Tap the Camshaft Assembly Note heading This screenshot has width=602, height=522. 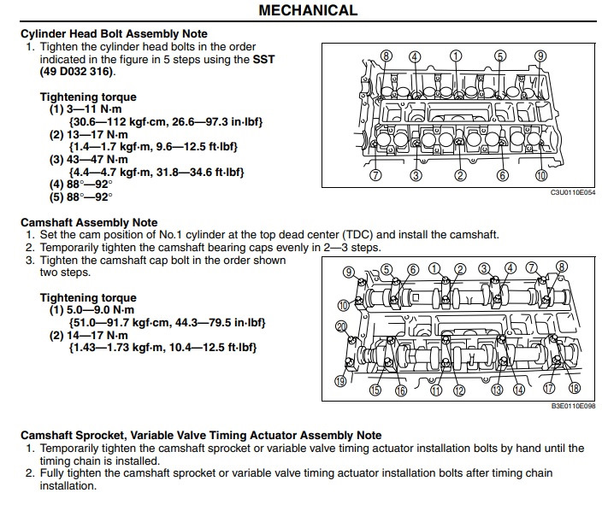pyautogui.click(x=89, y=223)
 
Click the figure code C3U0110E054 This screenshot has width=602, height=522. pyautogui.click(x=573, y=192)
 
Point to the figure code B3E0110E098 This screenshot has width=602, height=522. pyautogui.click(x=573, y=407)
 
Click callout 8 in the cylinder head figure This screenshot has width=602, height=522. pyautogui.click(x=387, y=56)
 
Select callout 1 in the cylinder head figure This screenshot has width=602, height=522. pyautogui.click(x=456, y=56)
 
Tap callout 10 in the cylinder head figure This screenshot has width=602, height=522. pyautogui.click(x=540, y=176)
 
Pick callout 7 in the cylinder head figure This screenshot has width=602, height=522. pyautogui.click(x=375, y=176)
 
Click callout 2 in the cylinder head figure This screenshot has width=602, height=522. pyautogui.click(x=460, y=176)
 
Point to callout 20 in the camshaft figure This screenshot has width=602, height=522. pyautogui.click(x=341, y=326)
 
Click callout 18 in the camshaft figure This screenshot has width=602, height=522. pyautogui.click(x=575, y=388)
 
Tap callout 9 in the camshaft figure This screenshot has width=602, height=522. pyautogui.click(x=349, y=273)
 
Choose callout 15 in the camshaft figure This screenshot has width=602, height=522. pyautogui.click(x=375, y=390)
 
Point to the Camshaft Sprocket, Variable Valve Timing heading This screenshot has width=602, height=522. pyautogui.click(x=201, y=435)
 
